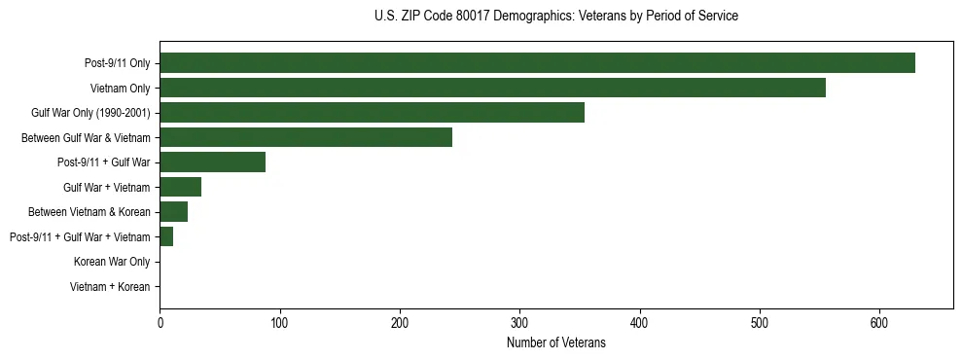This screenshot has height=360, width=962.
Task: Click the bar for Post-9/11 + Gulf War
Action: tap(212, 162)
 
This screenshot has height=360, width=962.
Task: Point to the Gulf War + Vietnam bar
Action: tap(180, 187)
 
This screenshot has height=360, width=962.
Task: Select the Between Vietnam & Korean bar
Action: tap(173, 212)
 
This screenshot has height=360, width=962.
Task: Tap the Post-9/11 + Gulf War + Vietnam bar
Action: tap(166, 236)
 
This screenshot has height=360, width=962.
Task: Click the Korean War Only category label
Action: tap(112, 262)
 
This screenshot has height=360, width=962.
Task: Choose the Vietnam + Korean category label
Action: tap(110, 287)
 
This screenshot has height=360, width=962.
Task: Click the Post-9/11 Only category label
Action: tap(118, 63)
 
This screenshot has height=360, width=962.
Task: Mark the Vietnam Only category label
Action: tap(120, 89)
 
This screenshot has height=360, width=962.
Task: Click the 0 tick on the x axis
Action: tap(160, 323)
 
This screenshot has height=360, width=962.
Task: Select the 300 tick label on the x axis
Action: tap(519, 323)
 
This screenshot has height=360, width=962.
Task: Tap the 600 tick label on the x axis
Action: tap(879, 323)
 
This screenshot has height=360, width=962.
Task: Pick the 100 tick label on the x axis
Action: tap(279, 323)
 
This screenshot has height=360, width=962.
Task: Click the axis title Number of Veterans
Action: tap(555, 343)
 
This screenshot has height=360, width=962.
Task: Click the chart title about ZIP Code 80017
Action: tap(555, 17)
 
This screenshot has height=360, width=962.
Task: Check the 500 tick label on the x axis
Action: tap(760, 323)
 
